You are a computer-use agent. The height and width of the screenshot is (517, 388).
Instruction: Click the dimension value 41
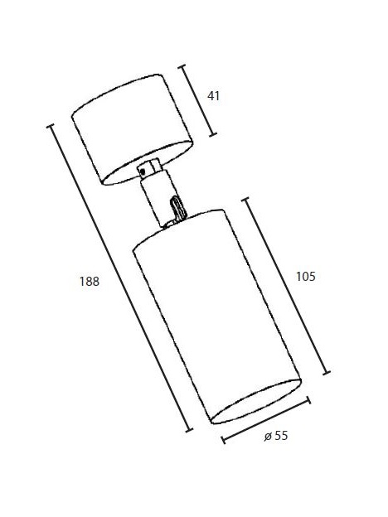(x=213, y=96)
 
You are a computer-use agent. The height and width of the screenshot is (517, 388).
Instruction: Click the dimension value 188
(x=89, y=282)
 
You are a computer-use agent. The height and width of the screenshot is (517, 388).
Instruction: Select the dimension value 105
(x=306, y=276)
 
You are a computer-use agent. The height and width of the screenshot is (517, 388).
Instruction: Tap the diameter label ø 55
(x=276, y=436)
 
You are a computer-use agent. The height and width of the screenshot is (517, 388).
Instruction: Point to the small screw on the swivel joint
(x=143, y=171)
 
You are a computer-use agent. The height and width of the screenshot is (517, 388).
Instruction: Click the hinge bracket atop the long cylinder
(x=177, y=208)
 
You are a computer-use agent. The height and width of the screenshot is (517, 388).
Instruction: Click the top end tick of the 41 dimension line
(x=182, y=66)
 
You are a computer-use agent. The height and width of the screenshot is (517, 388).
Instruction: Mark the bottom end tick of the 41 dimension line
(x=213, y=134)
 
